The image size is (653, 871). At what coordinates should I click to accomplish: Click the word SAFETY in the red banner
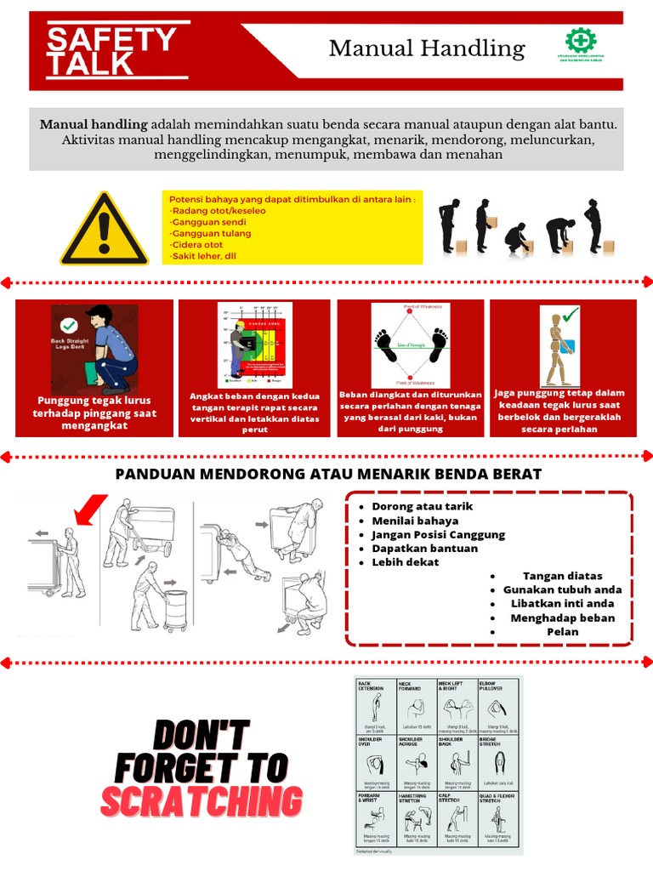[x=111, y=39]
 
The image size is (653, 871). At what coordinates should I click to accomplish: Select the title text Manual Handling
[x=427, y=48]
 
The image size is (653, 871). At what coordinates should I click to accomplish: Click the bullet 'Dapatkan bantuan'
[x=424, y=549]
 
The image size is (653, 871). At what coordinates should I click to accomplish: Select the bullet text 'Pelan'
[x=562, y=632]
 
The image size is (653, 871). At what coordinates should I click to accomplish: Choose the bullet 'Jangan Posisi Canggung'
[x=438, y=535]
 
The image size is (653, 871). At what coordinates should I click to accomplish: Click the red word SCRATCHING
[x=202, y=801]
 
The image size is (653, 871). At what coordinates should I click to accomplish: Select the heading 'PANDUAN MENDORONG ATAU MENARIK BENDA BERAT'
[x=328, y=474]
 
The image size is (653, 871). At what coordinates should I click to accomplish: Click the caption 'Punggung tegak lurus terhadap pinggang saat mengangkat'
[x=94, y=413]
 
